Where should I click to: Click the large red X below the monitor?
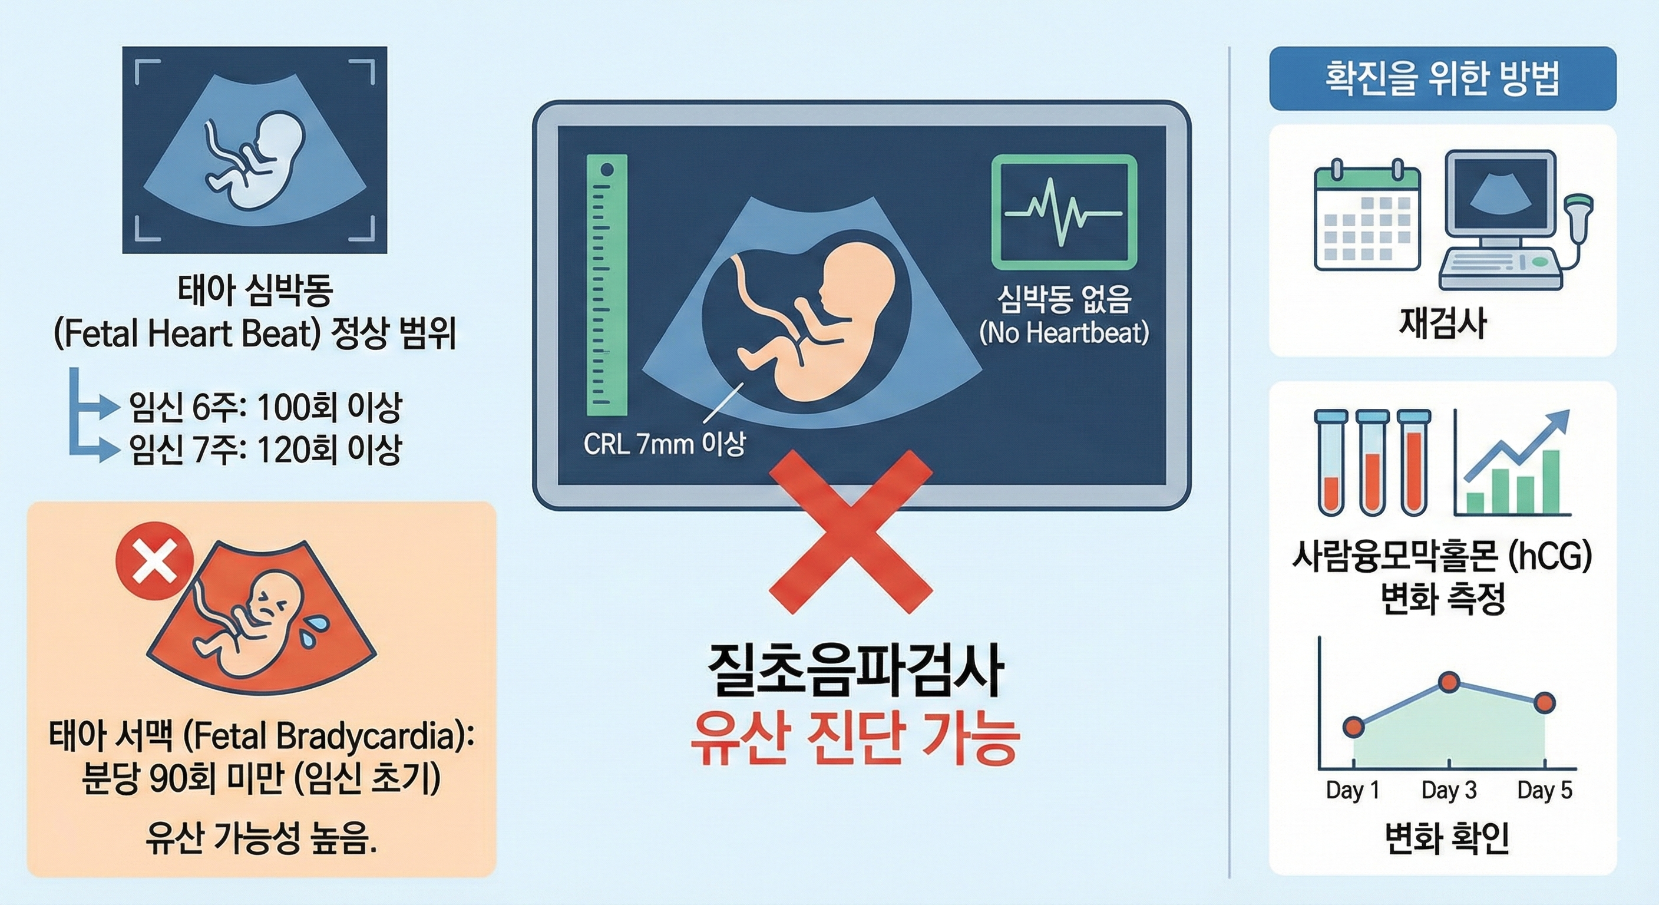point(851,531)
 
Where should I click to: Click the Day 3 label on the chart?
point(1449,790)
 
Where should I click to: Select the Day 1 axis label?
point(1353,790)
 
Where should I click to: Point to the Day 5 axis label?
point(1544,790)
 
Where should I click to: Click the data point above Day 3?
point(1449,682)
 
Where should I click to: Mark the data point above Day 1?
point(1353,727)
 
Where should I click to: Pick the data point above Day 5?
point(1544,703)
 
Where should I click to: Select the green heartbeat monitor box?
point(1063,212)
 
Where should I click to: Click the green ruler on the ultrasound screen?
point(606,285)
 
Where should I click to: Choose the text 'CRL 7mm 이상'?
point(664,444)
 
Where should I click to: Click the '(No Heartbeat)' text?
point(1063,333)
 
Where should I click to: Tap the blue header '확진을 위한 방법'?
point(1442,78)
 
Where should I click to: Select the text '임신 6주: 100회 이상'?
point(265,407)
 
